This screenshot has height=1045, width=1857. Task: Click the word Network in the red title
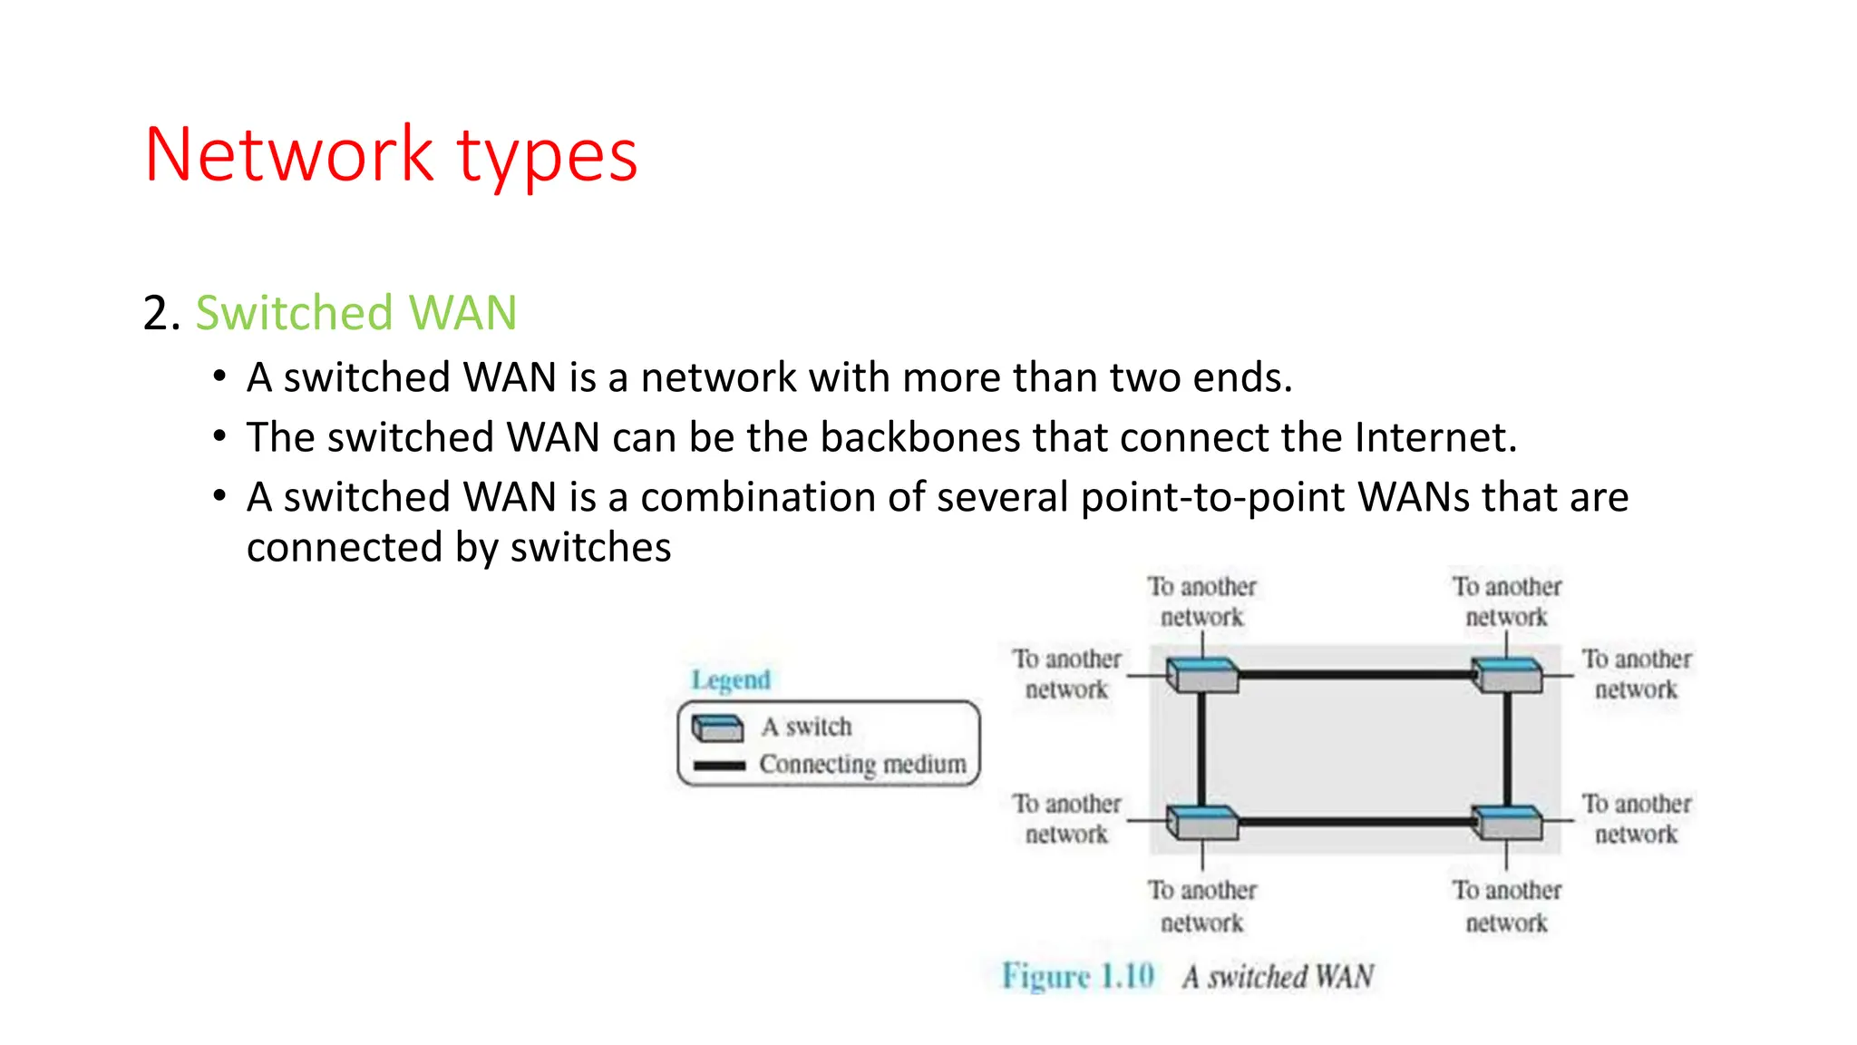[x=288, y=155]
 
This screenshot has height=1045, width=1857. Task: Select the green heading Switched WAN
[x=355, y=313]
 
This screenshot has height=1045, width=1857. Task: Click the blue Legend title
[x=730, y=679]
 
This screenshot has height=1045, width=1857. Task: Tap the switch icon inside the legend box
[x=717, y=728]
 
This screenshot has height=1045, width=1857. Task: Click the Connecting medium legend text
[x=862, y=764]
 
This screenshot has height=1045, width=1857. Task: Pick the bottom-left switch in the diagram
[x=1202, y=822]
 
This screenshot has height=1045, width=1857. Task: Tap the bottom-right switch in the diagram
[x=1506, y=822]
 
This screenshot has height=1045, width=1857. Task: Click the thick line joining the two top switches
[x=1355, y=675]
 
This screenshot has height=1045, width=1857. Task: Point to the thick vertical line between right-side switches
[x=1507, y=749]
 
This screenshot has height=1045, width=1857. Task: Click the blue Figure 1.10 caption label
[x=1077, y=976]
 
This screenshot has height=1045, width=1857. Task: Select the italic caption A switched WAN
[x=1278, y=977]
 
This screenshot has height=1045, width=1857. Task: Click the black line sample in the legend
[x=718, y=766]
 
